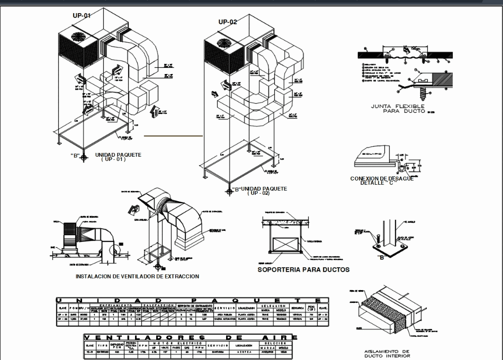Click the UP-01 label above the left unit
pos(82,16)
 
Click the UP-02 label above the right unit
pos(228,22)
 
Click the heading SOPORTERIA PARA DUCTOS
pos(303,269)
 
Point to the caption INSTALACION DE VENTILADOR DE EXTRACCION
pos(137,276)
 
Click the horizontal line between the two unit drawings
pos(174,136)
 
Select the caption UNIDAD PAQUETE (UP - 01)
pos(118,156)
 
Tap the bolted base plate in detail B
pos(390,247)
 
